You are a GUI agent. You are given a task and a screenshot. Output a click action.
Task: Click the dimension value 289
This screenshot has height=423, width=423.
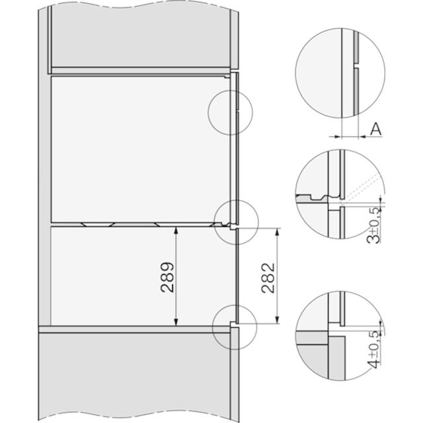[x=167, y=278]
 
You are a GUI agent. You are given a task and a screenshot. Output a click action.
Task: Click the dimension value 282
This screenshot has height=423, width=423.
[x=269, y=276]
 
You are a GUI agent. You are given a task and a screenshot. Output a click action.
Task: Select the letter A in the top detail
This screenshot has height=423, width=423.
[x=375, y=130]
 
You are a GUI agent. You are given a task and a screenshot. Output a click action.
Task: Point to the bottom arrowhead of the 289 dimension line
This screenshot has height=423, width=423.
[x=176, y=323]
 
